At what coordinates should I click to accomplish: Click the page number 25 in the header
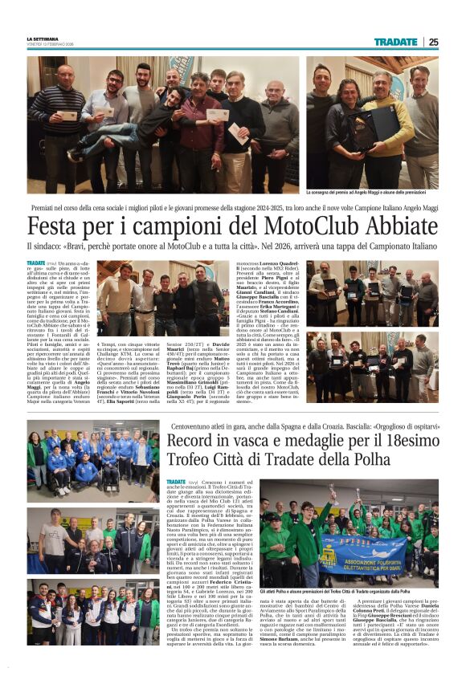tap(432, 42)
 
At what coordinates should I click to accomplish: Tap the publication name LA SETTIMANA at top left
tap(42, 39)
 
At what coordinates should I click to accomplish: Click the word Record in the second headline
tap(192, 441)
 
